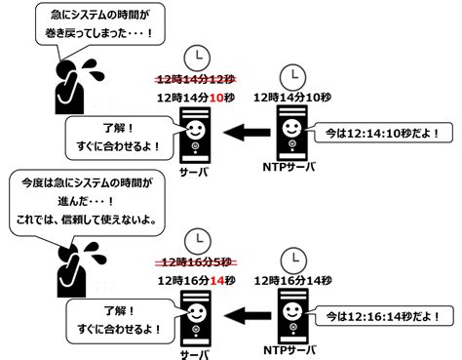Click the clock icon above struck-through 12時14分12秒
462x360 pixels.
(199, 57)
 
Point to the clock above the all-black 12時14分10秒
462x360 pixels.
(290, 76)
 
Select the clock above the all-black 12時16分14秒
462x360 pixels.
(290, 259)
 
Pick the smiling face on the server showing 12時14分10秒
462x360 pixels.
(196, 128)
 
